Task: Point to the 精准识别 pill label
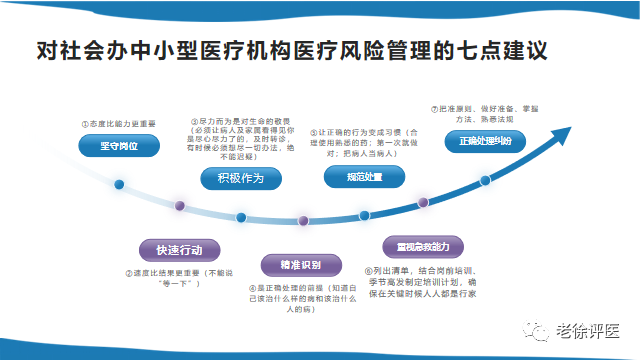[x=292, y=264]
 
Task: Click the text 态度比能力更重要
[x=120, y=123]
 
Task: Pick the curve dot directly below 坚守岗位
[x=119, y=184]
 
